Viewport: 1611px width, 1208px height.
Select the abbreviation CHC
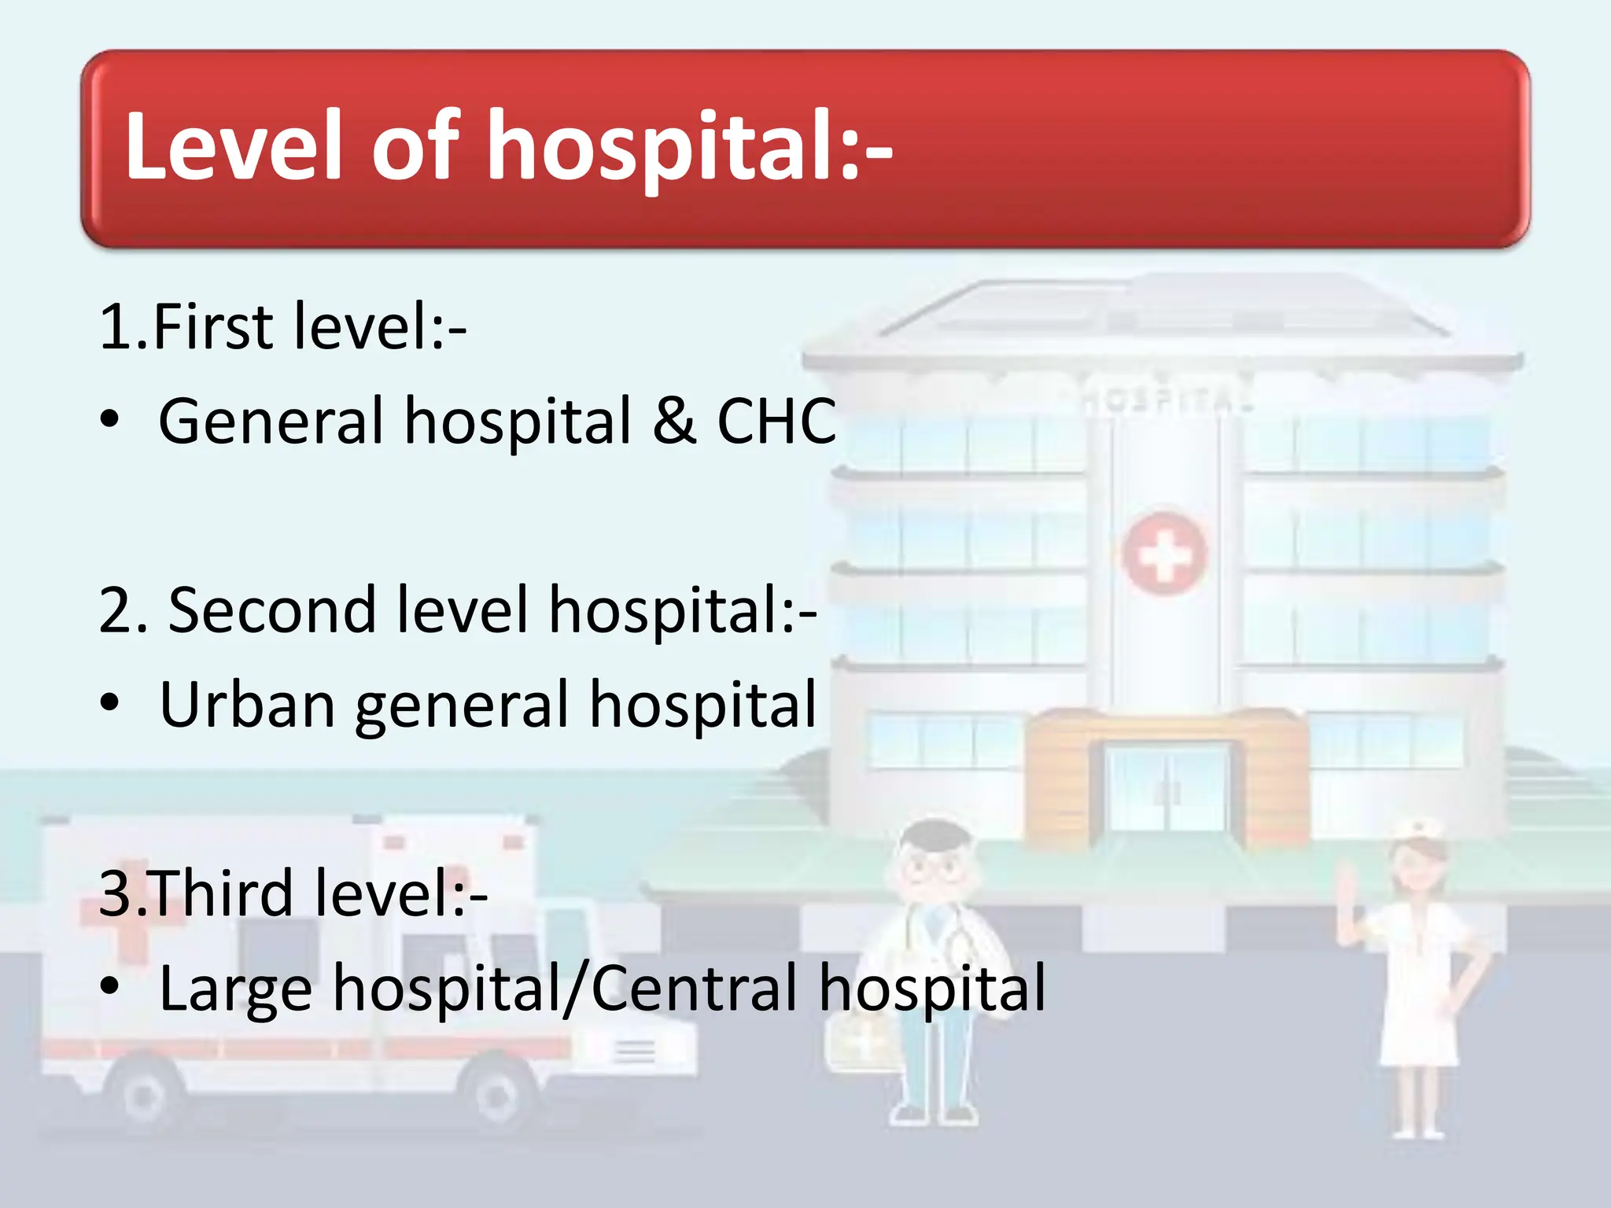[776, 422]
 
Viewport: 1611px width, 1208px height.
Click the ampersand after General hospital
[674, 422]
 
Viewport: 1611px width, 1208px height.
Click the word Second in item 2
[272, 610]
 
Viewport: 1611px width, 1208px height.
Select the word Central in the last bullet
[695, 988]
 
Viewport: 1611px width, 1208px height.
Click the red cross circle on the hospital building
[1164, 554]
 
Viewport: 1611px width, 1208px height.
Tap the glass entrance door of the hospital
[1166, 790]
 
